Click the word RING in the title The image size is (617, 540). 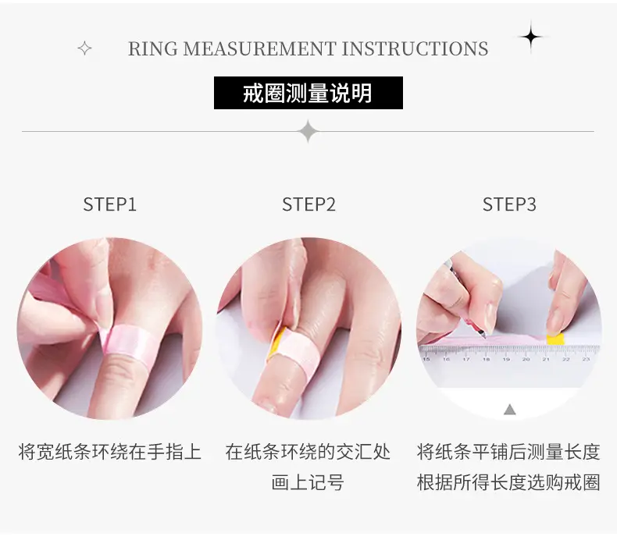[x=152, y=48]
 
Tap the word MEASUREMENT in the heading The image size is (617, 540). [x=260, y=48]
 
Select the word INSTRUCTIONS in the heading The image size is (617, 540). [x=415, y=48]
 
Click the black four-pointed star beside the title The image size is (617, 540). [x=531, y=37]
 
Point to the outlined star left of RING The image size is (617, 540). [x=84, y=48]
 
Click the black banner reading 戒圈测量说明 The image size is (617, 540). [x=308, y=93]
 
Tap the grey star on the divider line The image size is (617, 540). [x=308, y=131]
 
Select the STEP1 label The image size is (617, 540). [x=110, y=204]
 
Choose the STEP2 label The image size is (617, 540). [x=308, y=204]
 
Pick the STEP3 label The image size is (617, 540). [x=509, y=204]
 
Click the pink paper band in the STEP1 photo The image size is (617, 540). [x=128, y=341]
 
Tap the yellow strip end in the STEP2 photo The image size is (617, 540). [x=276, y=341]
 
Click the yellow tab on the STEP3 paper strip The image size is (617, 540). [x=555, y=339]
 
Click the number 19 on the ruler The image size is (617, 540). [x=506, y=359]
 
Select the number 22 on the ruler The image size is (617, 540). [x=566, y=359]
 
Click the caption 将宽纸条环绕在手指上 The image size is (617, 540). [x=110, y=452]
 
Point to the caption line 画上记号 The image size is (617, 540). [x=308, y=482]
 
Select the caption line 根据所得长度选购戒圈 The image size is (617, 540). [x=508, y=482]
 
